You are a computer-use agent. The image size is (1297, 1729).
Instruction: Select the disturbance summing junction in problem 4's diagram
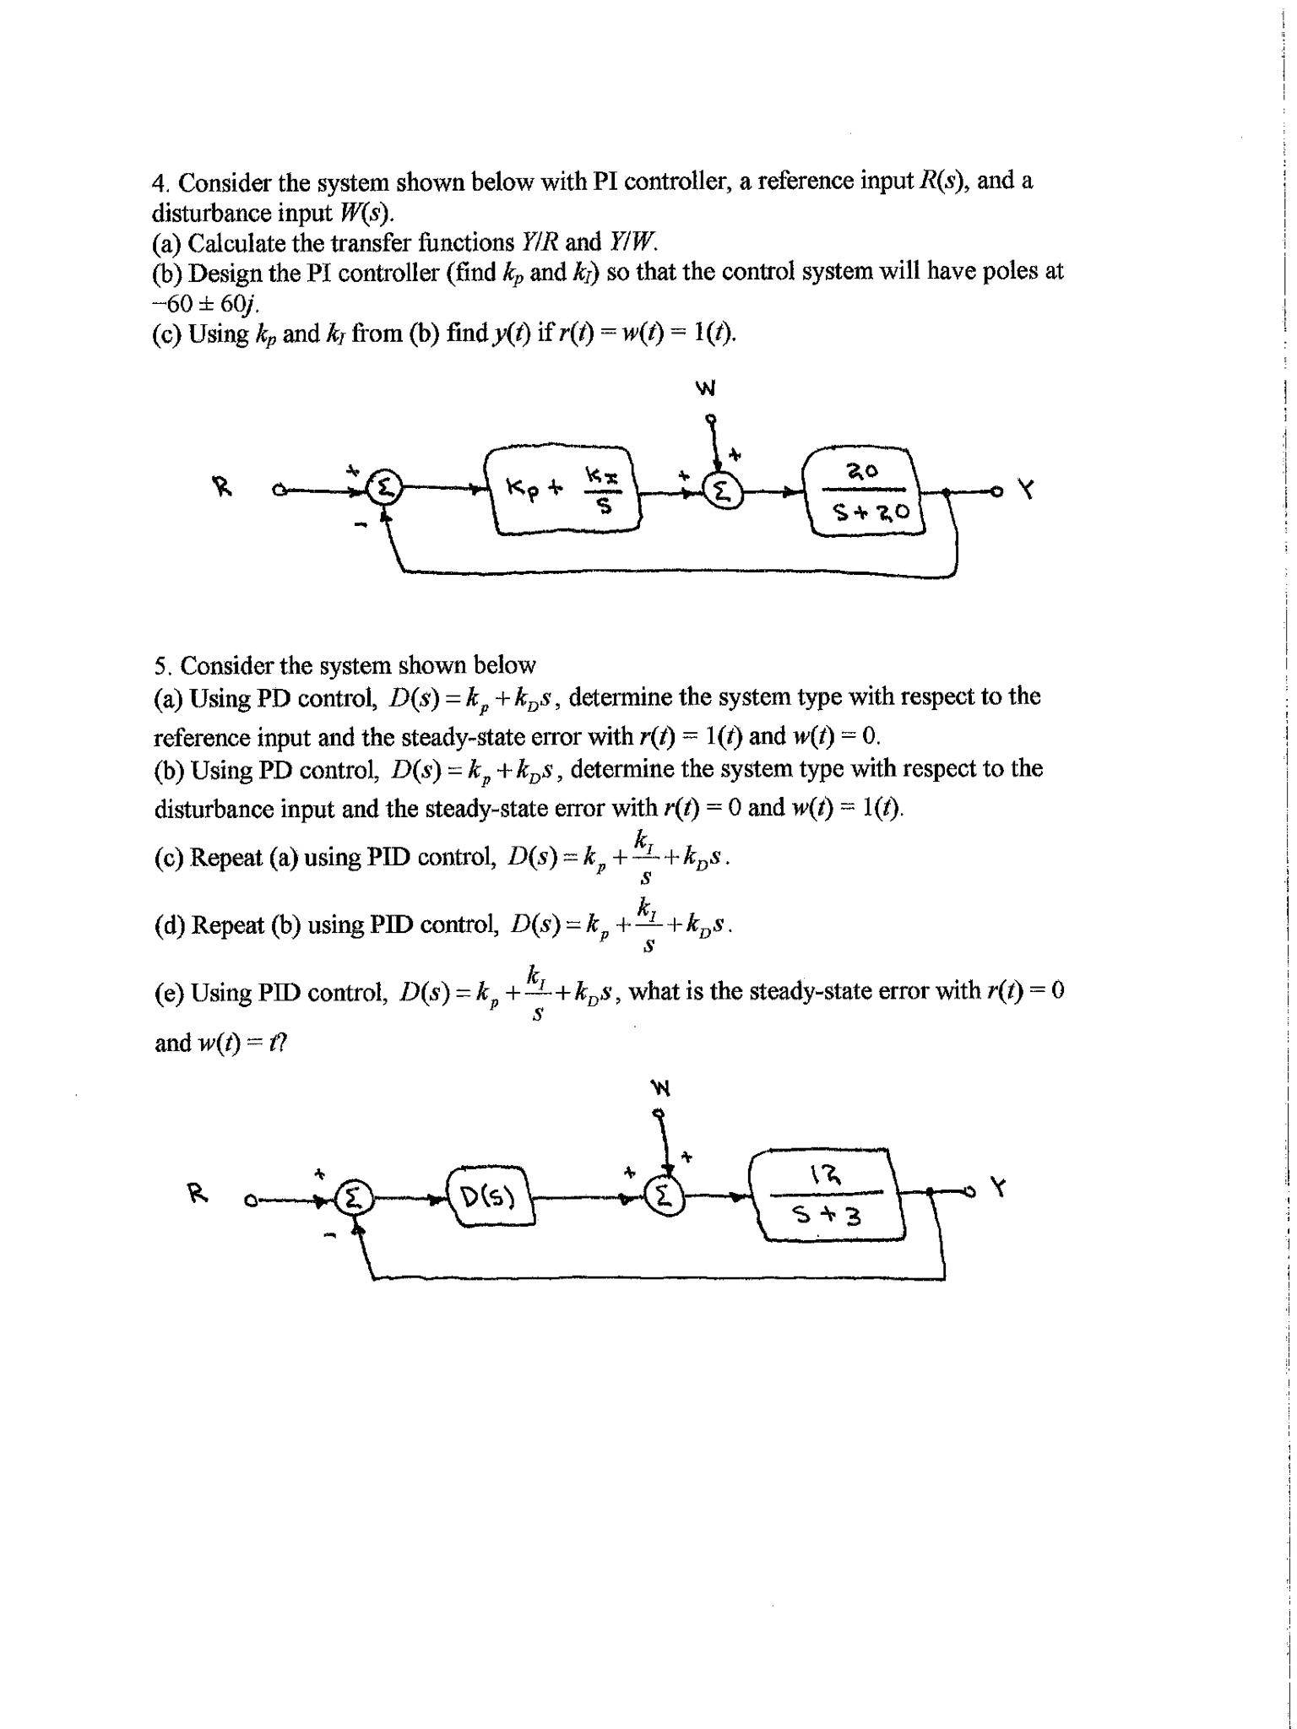point(723,490)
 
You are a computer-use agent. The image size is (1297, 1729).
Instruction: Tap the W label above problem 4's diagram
point(706,389)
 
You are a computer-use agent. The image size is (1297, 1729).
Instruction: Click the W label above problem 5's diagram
point(659,1088)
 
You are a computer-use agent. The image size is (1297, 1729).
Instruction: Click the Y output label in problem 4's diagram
point(1026,490)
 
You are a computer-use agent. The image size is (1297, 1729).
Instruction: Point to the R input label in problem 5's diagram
point(195,1193)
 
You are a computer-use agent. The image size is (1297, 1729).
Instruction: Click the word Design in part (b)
point(226,273)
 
